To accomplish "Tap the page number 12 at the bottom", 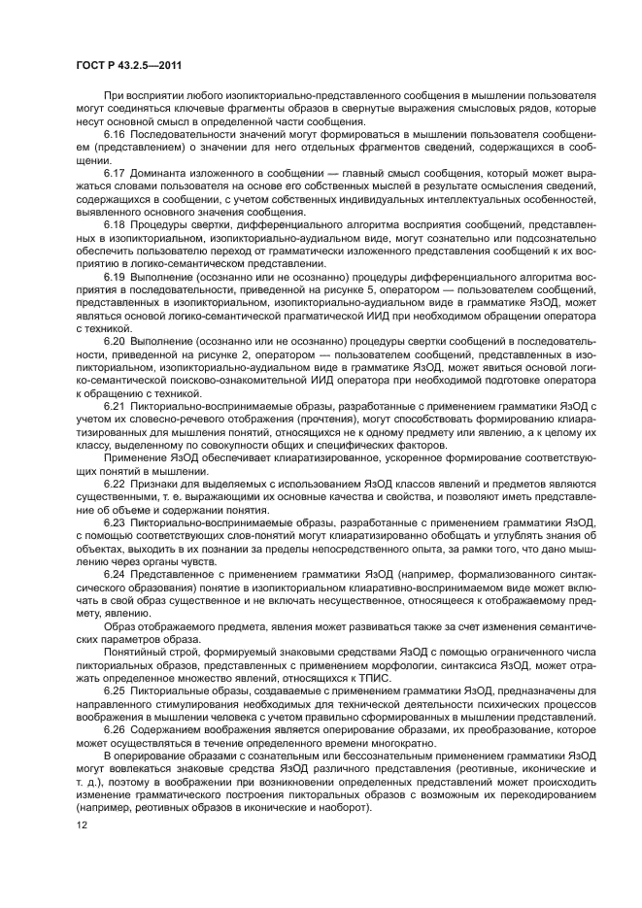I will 81,823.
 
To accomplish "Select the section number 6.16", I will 116,133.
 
